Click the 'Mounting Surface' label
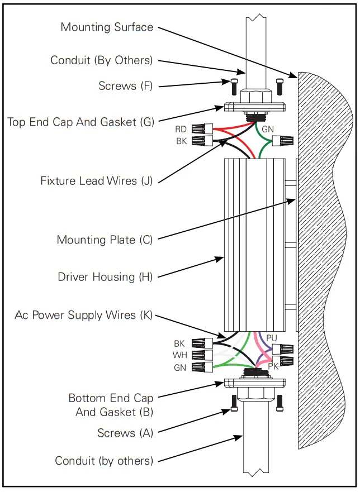pyautogui.click(x=107, y=27)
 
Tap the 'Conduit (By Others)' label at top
pyautogui.click(x=102, y=60)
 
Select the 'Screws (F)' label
pyautogui.click(x=125, y=86)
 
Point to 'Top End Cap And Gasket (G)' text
pyautogui.click(x=80, y=122)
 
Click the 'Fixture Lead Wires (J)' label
pyautogui.click(x=96, y=181)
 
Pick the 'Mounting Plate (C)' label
pyautogui.click(x=105, y=240)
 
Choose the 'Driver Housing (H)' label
pyautogui.click(x=105, y=277)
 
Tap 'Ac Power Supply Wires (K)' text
pyautogui.click(x=84, y=316)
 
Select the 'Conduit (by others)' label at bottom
pyautogui.click(x=104, y=461)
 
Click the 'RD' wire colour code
pyautogui.click(x=181, y=130)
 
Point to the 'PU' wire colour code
pyautogui.click(x=272, y=338)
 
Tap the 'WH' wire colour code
pyautogui.click(x=179, y=356)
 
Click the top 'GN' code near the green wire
pyautogui.click(x=268, y=130)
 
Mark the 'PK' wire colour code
pyautogui.click(x=273, y=366)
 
